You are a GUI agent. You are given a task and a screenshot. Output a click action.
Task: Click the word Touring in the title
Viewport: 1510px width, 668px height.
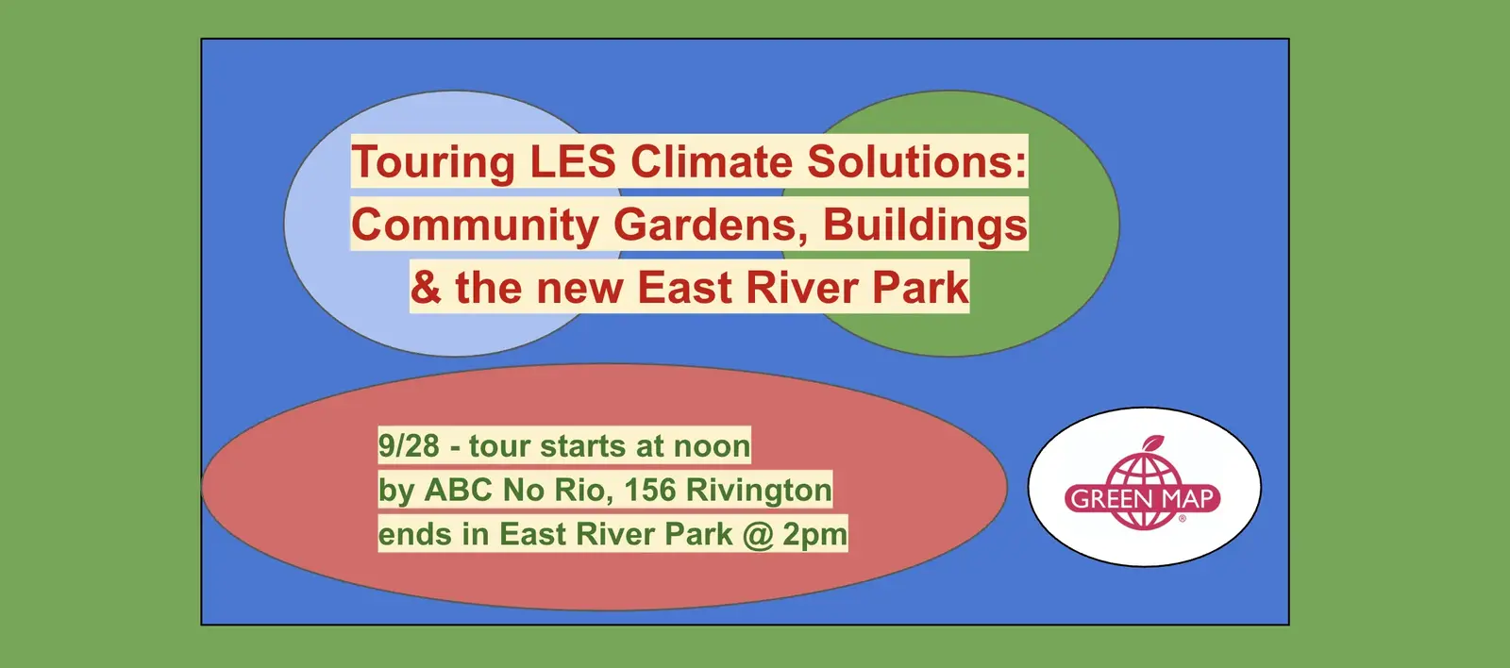tap(433, 162)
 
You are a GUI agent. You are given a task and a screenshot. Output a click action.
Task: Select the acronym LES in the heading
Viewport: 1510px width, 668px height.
tap(573, 161)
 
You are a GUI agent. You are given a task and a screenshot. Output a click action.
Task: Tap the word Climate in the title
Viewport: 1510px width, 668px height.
tap(712, 161)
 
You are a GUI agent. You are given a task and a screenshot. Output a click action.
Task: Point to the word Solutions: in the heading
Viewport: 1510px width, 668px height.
tap(916, 161)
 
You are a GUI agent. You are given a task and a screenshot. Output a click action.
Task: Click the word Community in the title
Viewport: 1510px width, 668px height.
tap(475, 225)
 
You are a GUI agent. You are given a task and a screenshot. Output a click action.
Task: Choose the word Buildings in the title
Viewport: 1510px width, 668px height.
tap(925, 225)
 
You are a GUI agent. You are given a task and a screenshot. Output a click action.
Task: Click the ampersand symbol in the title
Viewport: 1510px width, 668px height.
tap(426, 287)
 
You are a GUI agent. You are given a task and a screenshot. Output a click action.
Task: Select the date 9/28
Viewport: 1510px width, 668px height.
tap(409, 445)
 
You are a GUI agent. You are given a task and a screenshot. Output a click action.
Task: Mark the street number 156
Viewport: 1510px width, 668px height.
tap(650, 490)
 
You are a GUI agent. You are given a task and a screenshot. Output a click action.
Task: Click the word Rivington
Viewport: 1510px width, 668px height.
tap(759, 491)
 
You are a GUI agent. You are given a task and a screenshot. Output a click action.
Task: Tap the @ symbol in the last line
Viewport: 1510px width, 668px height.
tap(758, 535)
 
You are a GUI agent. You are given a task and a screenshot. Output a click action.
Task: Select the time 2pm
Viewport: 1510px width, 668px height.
tap(815, 535)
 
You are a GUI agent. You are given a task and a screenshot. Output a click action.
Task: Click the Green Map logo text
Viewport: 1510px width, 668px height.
tap(1143, 499)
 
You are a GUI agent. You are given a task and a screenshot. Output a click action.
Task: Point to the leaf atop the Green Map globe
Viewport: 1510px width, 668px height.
tap(1153, 443)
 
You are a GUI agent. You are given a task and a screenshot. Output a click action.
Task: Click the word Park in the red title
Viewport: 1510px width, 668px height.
tap(921, 287)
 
